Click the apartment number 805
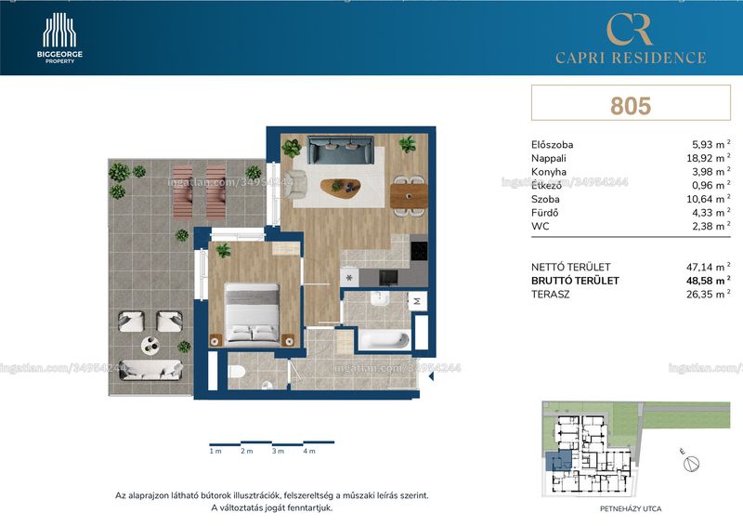pyautogui.click(x=631, y=106)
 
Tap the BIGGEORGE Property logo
pyautogui.click(x=59, y=38)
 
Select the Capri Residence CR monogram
pyautogui.click(x=630, y=30)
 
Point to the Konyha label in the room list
pyautogui.click(x=549, y=172)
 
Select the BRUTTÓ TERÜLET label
pyautogui.click(x=575, y=281)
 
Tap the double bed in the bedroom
pyautogui.click(x=252, y=312)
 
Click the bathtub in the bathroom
pyautogui.click(x=385, y=339)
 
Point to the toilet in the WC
pyautogui.click(x=236, y=372)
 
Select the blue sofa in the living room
pyautogui.click(x=340, y=150)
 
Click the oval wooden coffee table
pyautogui.click(x=340, y=187)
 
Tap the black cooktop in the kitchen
pyautogui.click(x=419, y=250)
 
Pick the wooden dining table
pyautogui.click(x=409, y=196)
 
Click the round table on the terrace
pyautogui.click(x=150, y=345)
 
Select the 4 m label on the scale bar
pyautogui.click(x=309, y=451)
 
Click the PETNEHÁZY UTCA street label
pyautogui.click(x=631, y=509)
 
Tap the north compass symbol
pyautogui.click(x=692, y=464)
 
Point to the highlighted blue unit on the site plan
pyautogui.click(x=559, y=461)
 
